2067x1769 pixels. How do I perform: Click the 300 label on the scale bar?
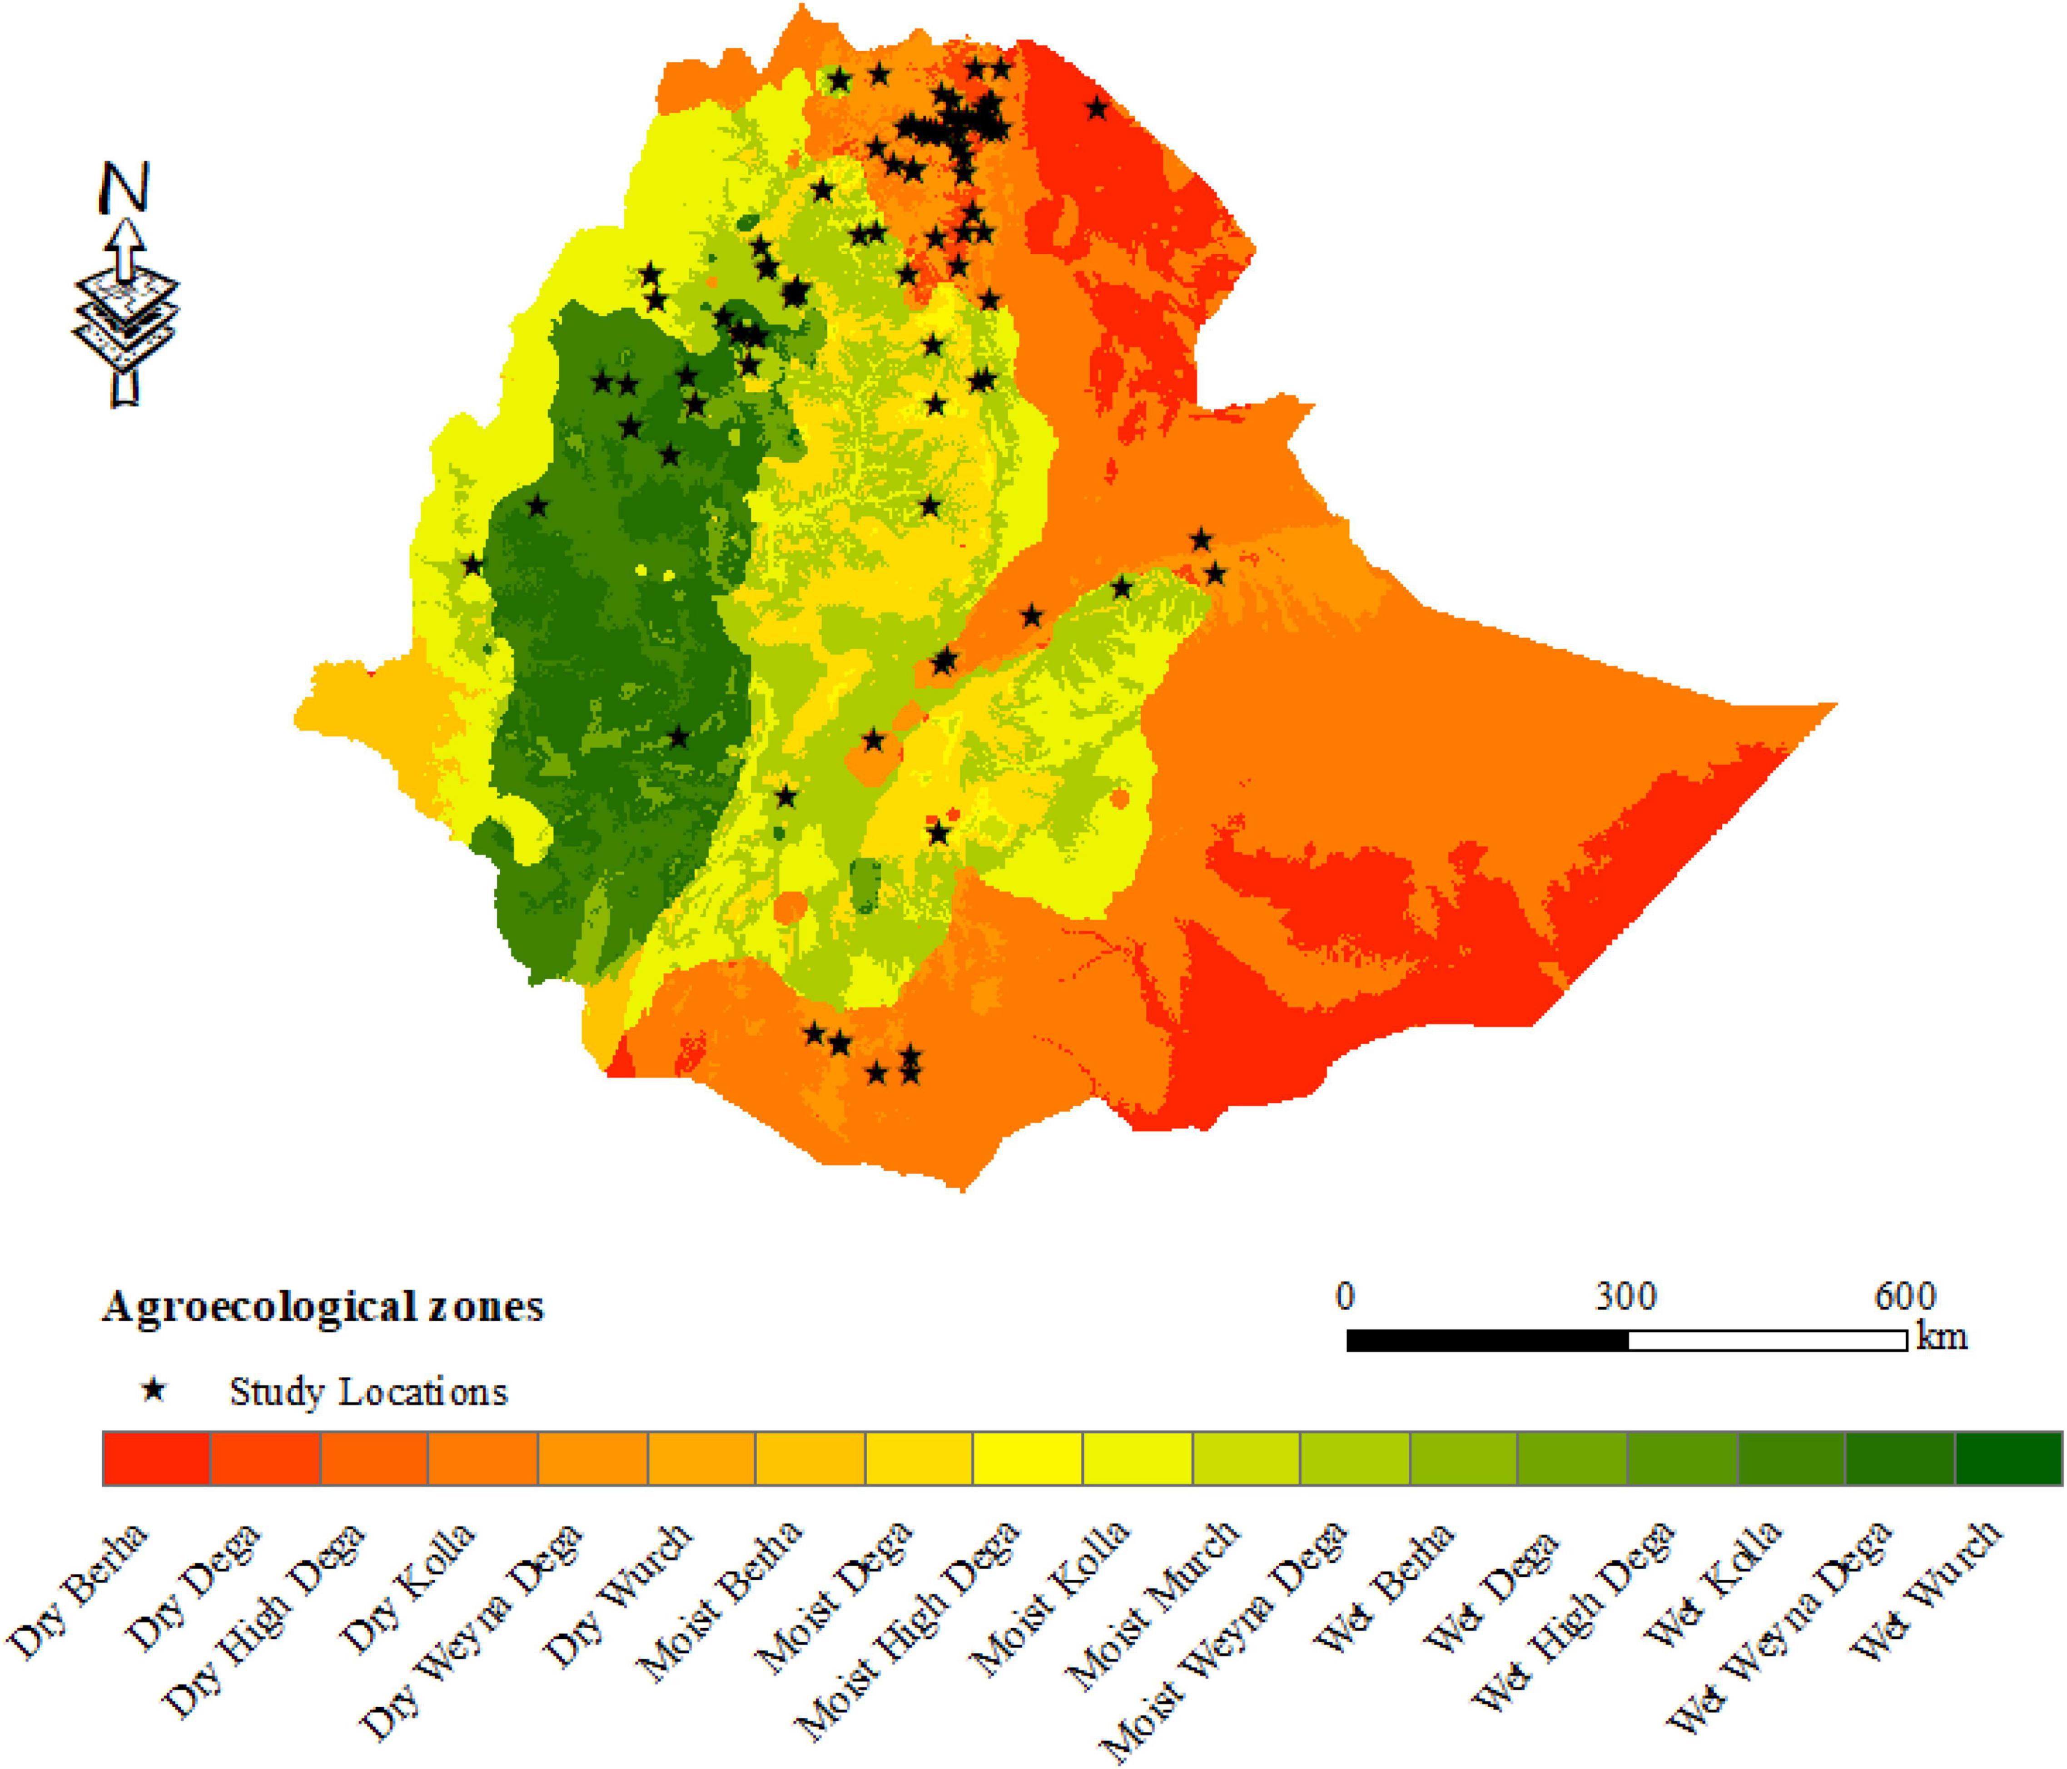coord(1625,1296)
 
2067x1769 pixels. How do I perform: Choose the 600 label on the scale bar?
coord(1904,1296)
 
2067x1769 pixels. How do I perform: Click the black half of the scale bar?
coord(1486,1340)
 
